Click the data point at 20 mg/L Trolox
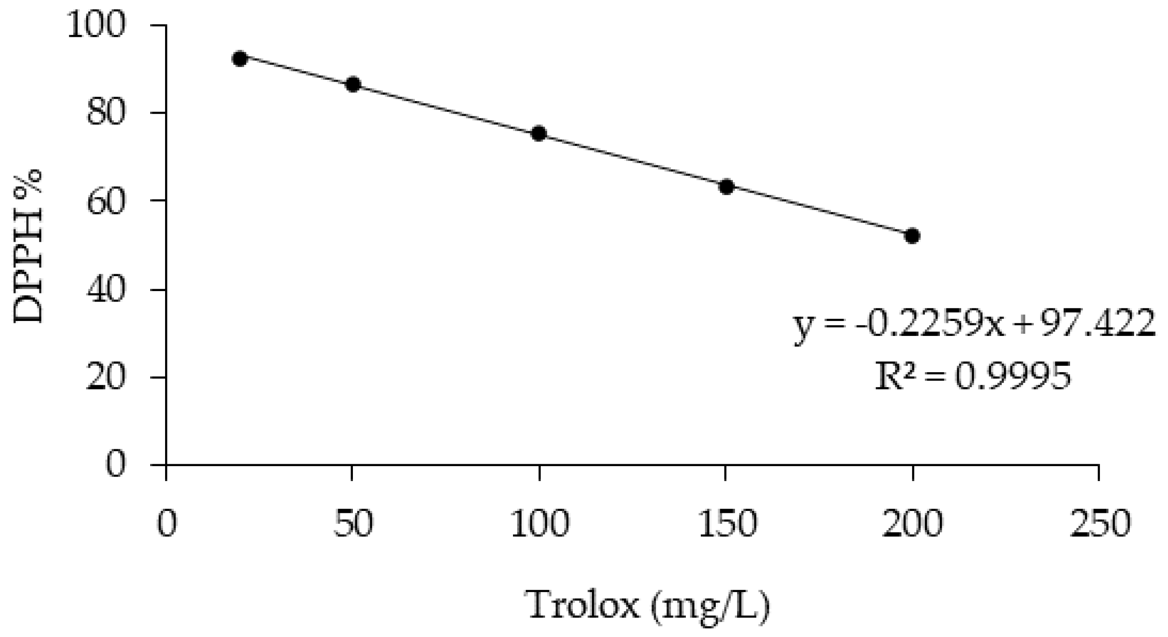tap(239, 58)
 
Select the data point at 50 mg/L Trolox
tap(353, 84)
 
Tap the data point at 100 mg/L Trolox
tap(538, 133)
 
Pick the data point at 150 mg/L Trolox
tap(727, 186)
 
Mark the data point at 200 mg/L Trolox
tap(912, 236)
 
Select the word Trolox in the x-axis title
tap(584, 605)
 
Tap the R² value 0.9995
tap(1012, 377)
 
